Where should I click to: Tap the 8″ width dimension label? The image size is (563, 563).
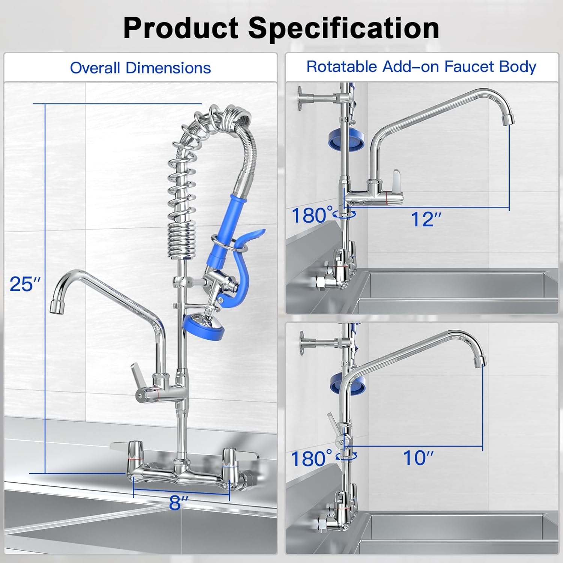pyautogui.click(x=178, y=503)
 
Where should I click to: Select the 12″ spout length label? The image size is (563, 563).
pyautogui.click(x=426, y=219)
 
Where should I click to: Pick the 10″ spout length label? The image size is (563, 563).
pyautogui.click(x=418, y=458)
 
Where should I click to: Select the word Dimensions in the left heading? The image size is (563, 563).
pyautogui.click(x=168, y=68)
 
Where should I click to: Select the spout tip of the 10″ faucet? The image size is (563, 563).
pyautogui.click(x=479, y=361)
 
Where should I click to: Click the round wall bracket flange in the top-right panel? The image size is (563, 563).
pyautogui.click(x=301, y=98)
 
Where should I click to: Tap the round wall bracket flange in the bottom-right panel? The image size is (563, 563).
pyautogui.click(x=303, y=342)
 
